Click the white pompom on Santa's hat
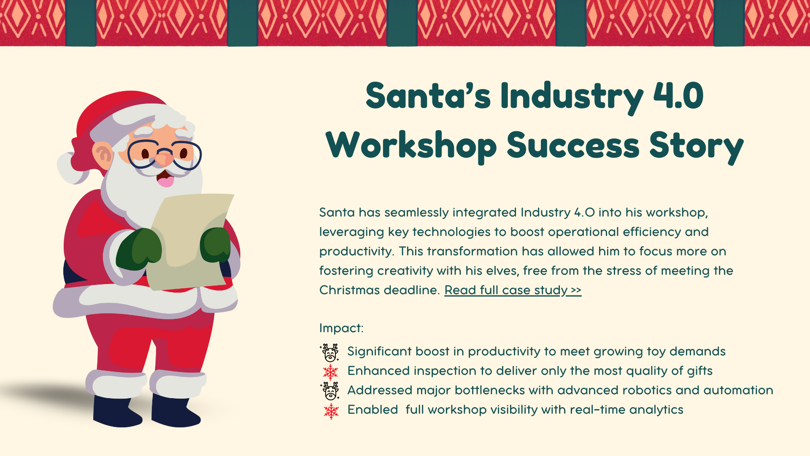[72, 168]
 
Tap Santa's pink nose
[164, 158]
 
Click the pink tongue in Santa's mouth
[165, 181]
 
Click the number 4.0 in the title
[678, 96]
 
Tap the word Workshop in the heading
[411, 146]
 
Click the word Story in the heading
[697, 146]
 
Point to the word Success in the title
[573, 145]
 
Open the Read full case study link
[513, 290]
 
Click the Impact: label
[341, 328]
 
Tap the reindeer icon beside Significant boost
[329, 353]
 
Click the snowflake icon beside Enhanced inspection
[331, 372]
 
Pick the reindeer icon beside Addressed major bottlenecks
[329, 391]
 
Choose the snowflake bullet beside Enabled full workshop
[331, 410]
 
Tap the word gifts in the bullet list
[700, 371]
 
